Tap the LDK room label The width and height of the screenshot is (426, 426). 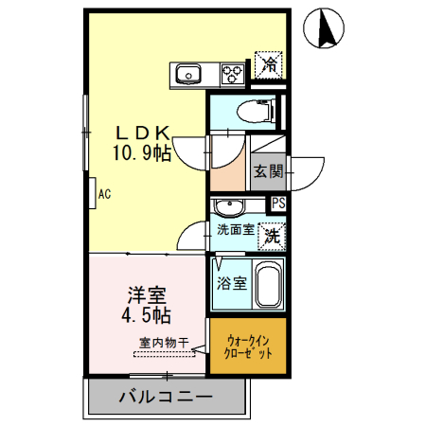click(142, 133)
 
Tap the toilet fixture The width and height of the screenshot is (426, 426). click(255, 111)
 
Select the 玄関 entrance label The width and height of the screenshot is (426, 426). click(269, 171)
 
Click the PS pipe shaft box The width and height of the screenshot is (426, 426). click(279, 203)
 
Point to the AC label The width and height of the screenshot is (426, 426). click(104, 194)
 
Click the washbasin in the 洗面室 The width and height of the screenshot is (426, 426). click(228, 207)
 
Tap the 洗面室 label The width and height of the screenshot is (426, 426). click(235, 230)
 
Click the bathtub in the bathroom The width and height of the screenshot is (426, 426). click(268, 284)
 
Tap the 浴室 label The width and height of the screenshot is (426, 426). click(231, 283)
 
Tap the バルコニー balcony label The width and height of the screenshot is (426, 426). click(166, 397)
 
